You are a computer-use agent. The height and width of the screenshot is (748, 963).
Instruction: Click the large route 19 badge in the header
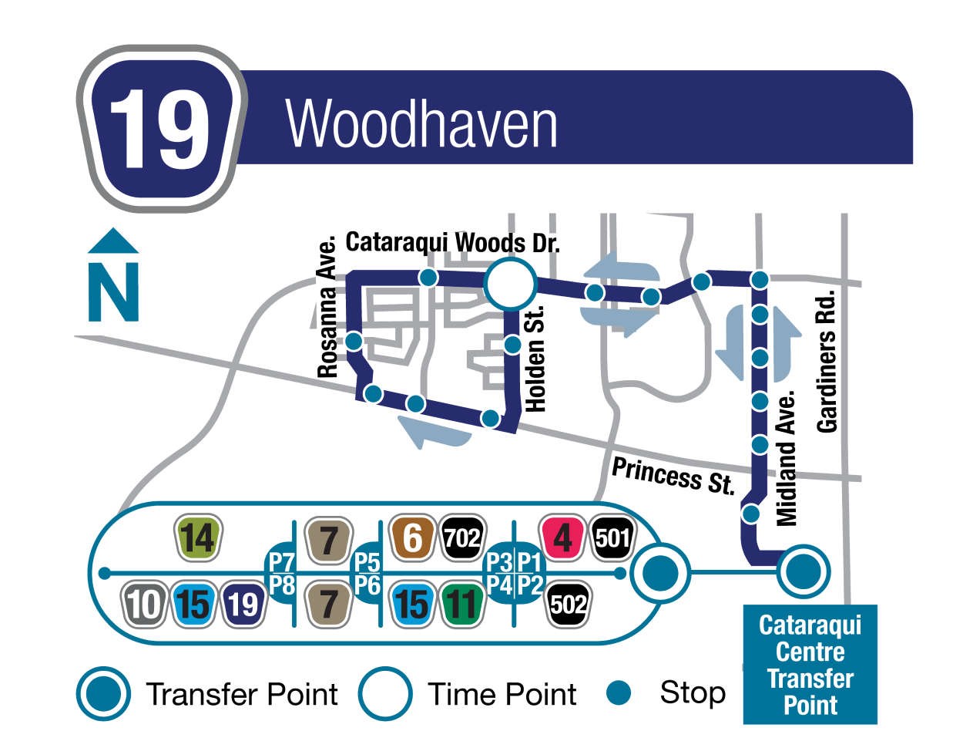click(x=161, y=129)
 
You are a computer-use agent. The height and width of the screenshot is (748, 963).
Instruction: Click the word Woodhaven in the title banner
click(x=421, y=124)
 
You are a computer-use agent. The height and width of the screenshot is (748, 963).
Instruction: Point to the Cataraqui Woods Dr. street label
click(x=452, y=242)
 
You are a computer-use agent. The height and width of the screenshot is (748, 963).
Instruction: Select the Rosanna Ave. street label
click(x=328, y=308)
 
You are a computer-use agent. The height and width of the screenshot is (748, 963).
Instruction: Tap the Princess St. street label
click(x=673, y=475)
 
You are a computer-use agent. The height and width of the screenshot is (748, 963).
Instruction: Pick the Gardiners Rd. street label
click(x=827, y=362)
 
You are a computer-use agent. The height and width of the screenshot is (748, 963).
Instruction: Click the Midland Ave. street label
click(x=787, y=460)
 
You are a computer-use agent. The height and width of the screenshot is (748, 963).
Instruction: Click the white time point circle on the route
click(x=509, y=285)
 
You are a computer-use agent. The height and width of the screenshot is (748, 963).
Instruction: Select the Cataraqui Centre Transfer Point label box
click(x=810, y=665)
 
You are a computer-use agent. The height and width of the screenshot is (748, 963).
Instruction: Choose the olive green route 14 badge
click(x=198, y=537)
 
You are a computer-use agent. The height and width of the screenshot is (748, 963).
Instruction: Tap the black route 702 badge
click(x=462, y=537)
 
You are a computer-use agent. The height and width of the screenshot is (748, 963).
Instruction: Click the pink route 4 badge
click(x=562, y=537)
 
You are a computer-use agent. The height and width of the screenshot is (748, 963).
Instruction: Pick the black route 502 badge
click(x=569, y=604)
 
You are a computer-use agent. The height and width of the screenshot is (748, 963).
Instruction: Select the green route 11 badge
click(x=462, y=604)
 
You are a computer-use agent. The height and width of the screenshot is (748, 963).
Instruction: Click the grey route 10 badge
click(x=144, y=604)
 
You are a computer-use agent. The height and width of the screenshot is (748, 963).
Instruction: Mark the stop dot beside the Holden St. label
click(x=512, y=345)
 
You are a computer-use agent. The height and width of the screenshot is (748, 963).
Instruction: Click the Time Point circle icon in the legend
click(x=384, y=693)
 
